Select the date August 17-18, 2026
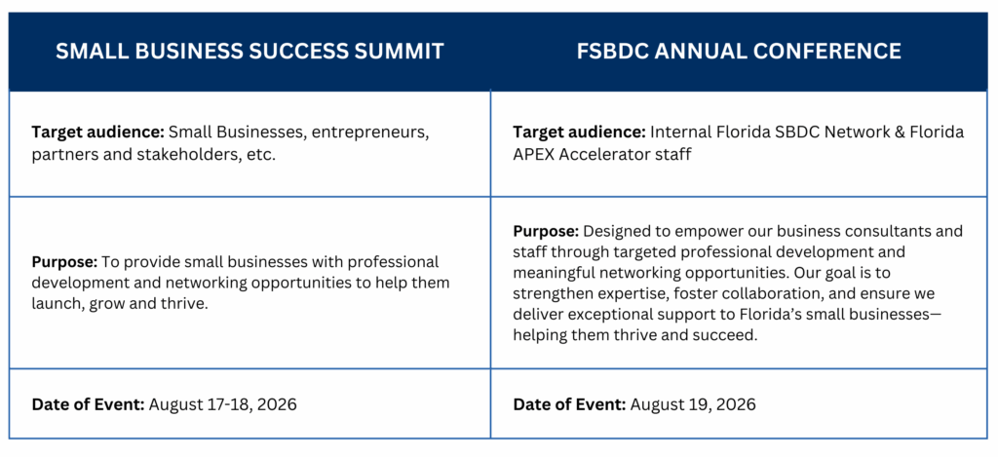(223, 404)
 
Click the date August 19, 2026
(693, 404)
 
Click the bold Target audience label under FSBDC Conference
(579, 133)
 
